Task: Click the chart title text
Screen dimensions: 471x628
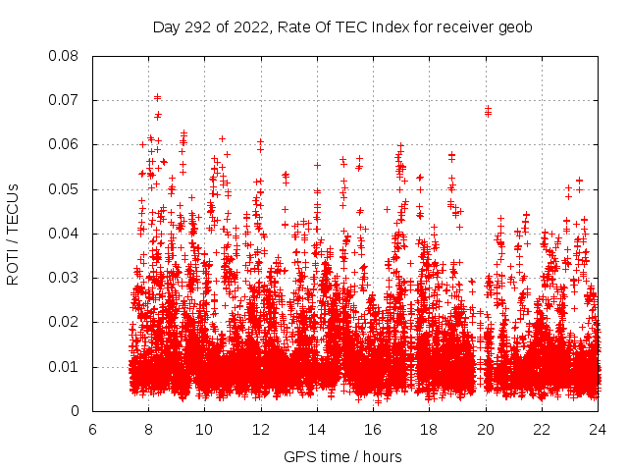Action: coord(342,27)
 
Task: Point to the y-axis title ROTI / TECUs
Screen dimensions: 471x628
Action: coord(14,234)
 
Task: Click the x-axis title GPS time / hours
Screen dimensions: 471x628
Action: coord(342,456)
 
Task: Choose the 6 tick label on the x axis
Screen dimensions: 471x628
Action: coord(92,430)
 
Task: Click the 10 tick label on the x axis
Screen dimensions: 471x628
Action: coord(204,430)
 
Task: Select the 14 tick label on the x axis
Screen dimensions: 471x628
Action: coord(317,430)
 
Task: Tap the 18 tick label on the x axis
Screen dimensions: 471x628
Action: coord(429,430)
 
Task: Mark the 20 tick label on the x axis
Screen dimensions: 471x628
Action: coord(485,430)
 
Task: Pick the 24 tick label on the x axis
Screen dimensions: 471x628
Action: coord(597,430)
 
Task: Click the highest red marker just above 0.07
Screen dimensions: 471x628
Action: coord(157,97)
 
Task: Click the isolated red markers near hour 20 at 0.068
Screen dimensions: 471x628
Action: coord(488,111)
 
